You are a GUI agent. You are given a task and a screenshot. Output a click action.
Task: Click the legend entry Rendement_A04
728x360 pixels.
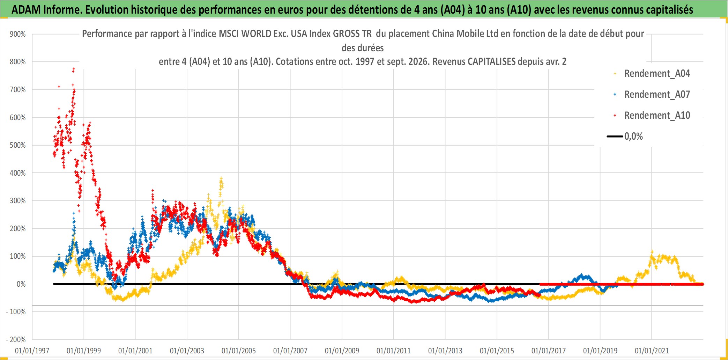coord(652,74)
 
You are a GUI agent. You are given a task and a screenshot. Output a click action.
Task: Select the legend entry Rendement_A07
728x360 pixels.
coord(652,95)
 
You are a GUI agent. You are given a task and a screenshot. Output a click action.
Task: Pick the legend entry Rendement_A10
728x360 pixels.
coord(652,116)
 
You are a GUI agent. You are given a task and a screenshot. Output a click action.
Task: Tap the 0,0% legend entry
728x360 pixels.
coord(625,136)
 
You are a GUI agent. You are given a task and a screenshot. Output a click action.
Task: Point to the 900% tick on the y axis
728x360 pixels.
coord(18,34)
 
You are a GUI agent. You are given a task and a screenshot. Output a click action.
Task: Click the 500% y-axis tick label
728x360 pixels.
coord(18,145)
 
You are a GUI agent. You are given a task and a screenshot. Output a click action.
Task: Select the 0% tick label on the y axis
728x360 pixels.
coord(21,284)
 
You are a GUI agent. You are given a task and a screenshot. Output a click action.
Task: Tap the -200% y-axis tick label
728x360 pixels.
coord(16,339)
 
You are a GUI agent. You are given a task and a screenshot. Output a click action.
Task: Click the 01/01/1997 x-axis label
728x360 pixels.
coord(32,351)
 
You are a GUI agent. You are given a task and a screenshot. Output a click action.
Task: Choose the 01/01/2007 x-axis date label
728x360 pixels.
coord(290,351)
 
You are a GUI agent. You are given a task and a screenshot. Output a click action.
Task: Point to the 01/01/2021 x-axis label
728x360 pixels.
coord(652,351)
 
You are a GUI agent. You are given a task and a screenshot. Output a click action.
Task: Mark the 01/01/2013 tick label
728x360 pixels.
coord(445,351)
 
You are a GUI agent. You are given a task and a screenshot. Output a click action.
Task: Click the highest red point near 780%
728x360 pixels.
coord(74,69)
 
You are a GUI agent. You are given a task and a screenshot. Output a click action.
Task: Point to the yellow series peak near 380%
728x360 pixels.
coord(221,178)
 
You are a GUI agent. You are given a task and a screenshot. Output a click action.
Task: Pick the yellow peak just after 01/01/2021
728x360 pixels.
coord(652,251)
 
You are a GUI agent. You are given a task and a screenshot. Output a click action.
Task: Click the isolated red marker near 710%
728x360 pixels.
coord(59,87)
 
